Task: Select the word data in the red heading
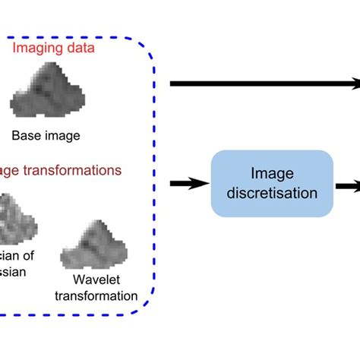[x=97, y=49]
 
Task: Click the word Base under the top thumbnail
[x=27, y=137]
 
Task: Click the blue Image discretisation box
[x=271, y=184]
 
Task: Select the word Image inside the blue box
[x=271, y=175]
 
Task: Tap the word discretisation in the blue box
[x=271, y=193]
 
